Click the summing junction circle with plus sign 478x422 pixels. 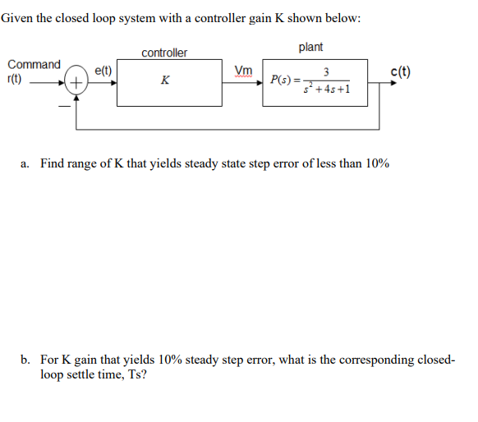click(76, 82)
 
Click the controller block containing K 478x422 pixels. click(168, 83)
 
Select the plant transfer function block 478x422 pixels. click(313, 83)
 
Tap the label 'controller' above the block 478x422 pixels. click(164, 53)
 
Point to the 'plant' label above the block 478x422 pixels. click(310, 48)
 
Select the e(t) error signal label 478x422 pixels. click(104, 71)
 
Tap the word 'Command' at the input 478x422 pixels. click(34, 64)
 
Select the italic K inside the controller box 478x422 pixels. click(166, 80)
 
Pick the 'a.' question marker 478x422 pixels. click(25, 163)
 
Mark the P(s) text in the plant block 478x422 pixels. click(284, 80)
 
